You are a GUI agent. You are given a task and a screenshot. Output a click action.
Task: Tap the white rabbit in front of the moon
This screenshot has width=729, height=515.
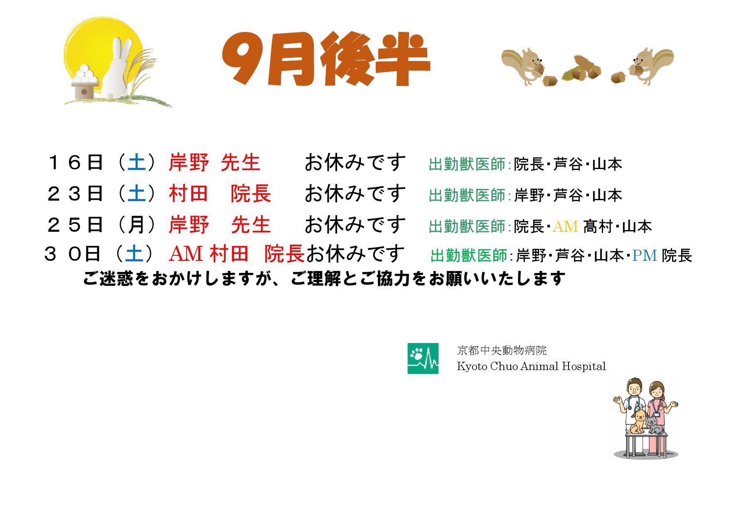(x=118, y=69)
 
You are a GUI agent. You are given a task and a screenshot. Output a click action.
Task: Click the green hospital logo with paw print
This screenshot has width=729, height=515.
(x=423, y=358)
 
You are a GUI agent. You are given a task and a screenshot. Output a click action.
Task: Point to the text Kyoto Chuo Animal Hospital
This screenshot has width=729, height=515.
(x=531, y=366)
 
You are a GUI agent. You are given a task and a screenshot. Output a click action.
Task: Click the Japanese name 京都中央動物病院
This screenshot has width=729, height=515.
(x=502, y=351)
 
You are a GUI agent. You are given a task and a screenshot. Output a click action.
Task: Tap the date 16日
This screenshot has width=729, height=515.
(x=75, y=162)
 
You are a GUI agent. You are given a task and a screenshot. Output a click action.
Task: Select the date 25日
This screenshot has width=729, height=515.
(x=75, y=225)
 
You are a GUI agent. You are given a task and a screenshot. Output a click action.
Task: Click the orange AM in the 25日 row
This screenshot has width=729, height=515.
(x=565, y=226)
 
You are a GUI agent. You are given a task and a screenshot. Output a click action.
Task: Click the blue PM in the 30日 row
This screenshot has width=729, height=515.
(x=645, y=255)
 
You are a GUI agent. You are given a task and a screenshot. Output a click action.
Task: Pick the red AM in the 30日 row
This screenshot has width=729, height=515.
(x=186, y=253)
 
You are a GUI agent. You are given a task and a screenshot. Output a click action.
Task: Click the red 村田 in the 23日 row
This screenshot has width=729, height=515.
(x=188, y=194)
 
